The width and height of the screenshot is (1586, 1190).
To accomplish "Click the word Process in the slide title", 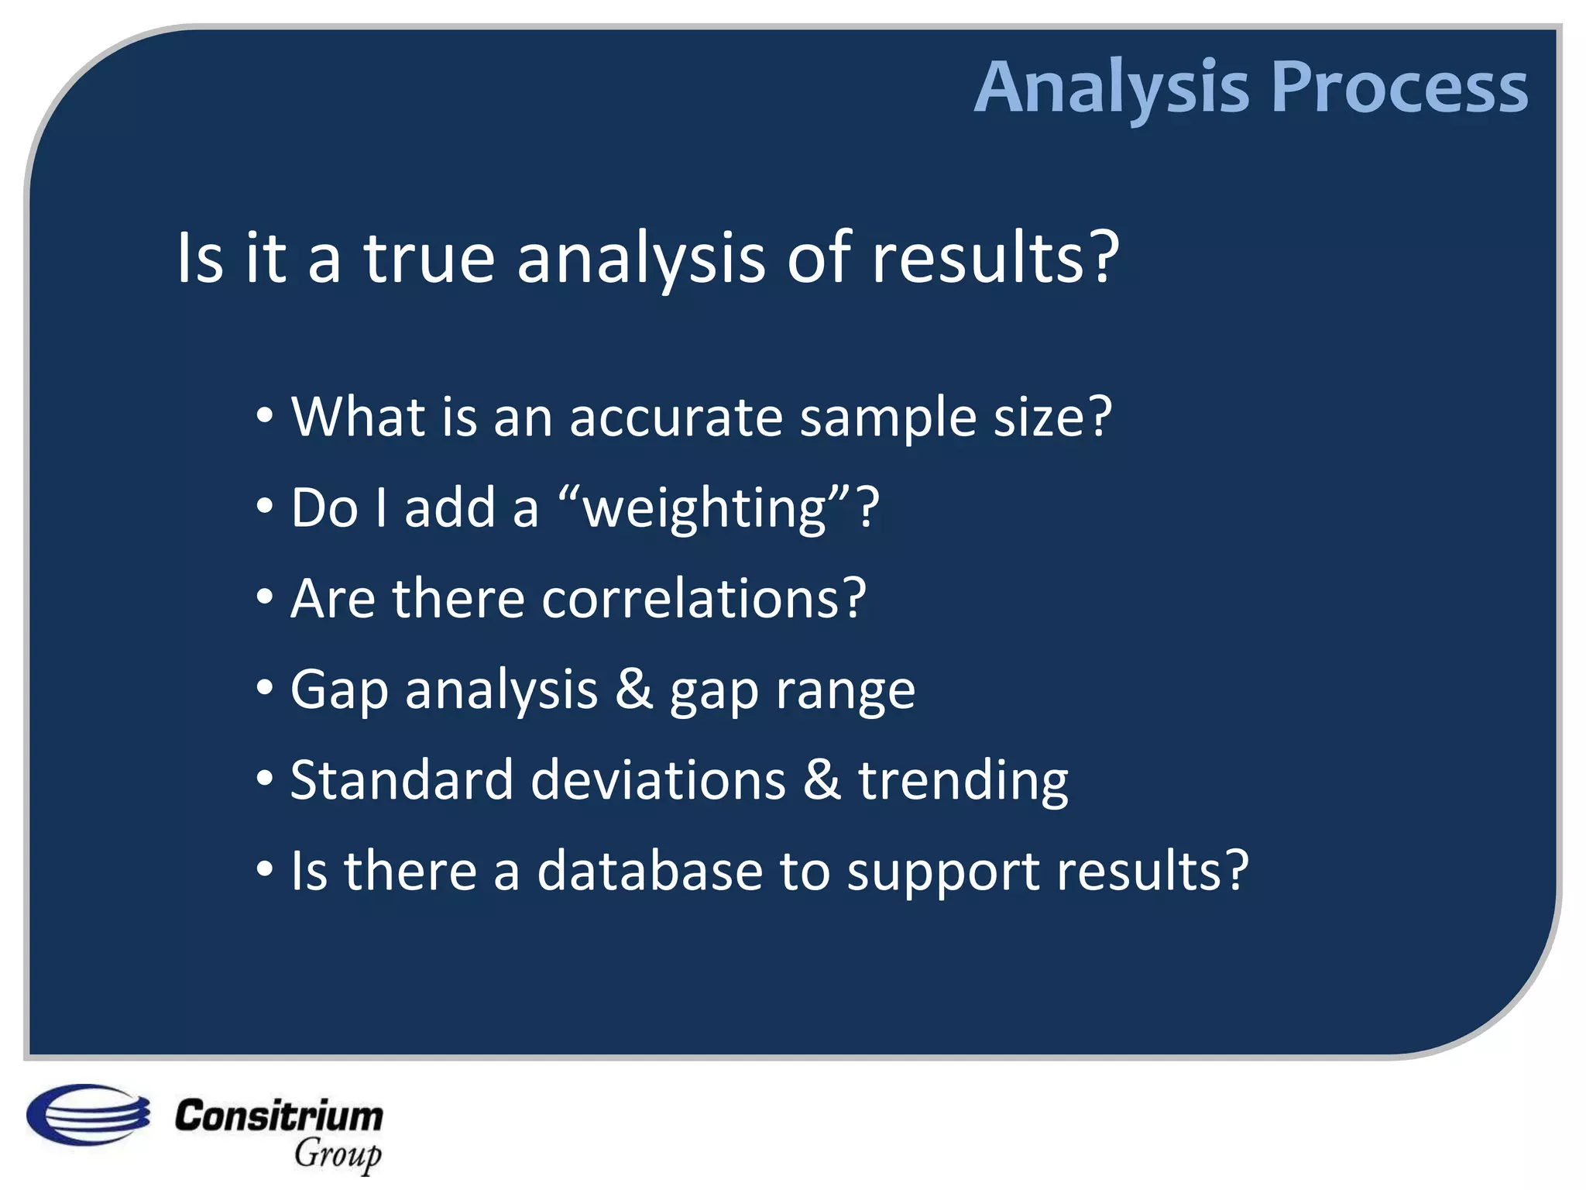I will (1399, 88).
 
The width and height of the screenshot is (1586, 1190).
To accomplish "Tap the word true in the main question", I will (429, 258).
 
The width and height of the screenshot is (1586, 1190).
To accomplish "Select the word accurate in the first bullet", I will (676, 418).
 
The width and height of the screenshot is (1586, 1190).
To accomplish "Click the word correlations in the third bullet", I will (692, 599).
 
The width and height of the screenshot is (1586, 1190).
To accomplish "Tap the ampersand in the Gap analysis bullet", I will (634, 689).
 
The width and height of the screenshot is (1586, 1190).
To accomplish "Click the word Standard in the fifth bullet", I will (402, 779).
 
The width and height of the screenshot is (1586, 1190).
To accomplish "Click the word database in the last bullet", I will (649, 870).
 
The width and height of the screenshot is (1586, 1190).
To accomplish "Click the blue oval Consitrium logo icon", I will (88, 1114).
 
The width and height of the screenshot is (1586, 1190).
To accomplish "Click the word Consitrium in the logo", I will (279, 1116).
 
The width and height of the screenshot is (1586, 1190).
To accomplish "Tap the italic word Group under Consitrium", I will (338, 1154).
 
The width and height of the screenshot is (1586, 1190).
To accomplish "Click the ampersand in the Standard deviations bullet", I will (822, 779).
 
